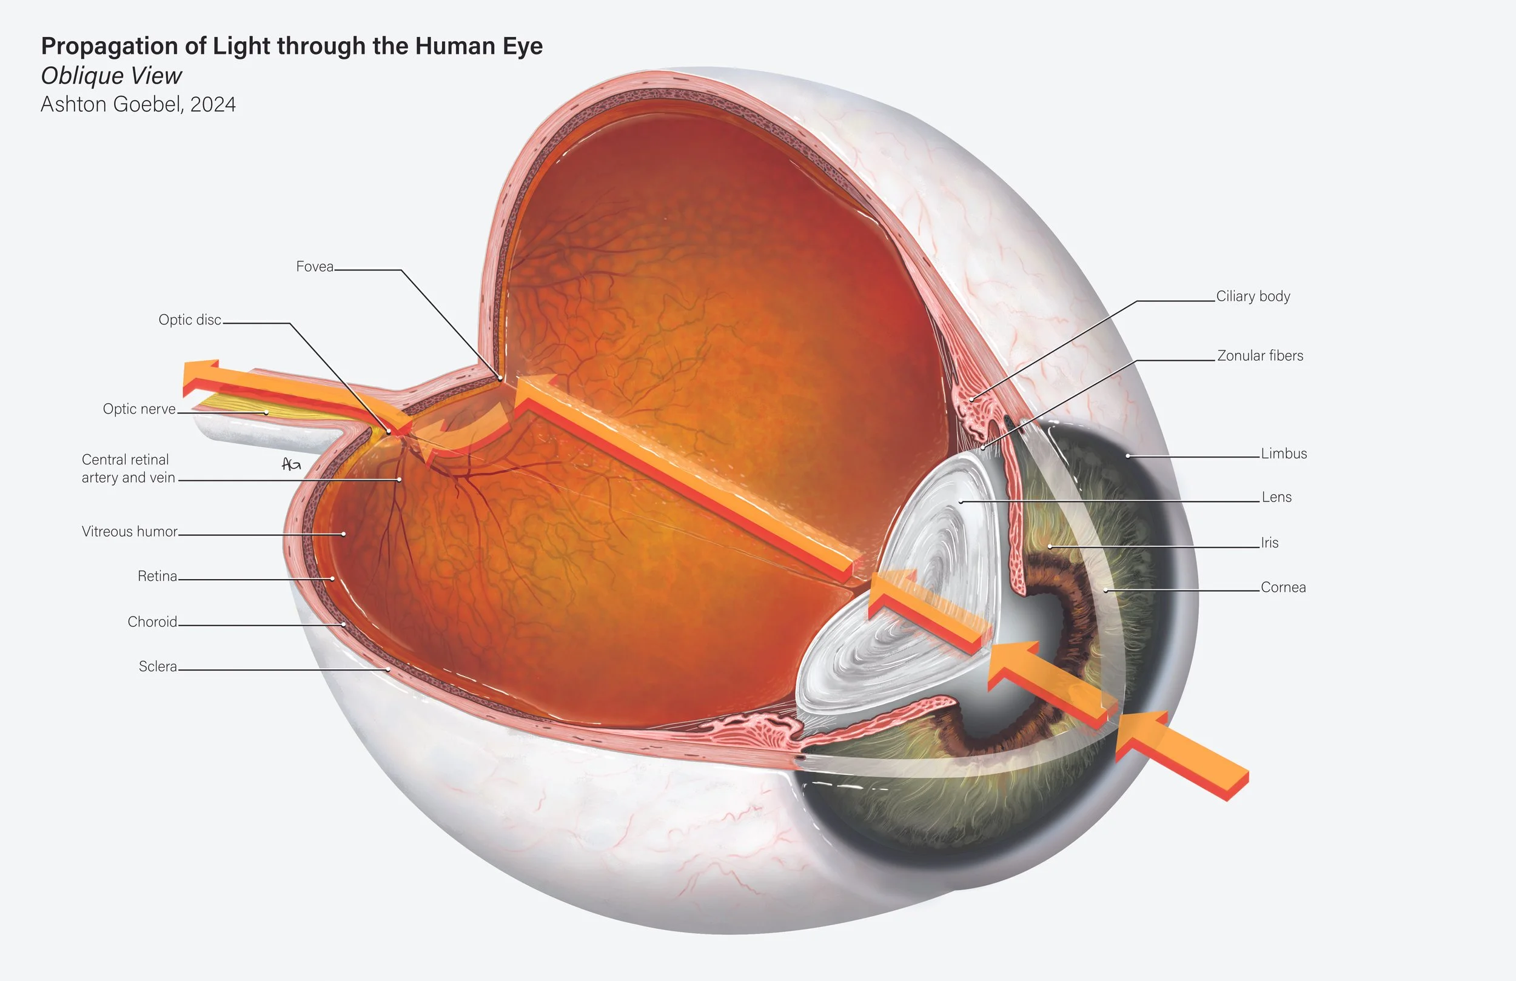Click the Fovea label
(x=315, y=266)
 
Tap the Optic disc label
(x=190, y=320)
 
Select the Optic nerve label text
(x=139, y=409)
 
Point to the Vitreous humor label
(x=129, y=531)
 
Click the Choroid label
(x=152, y=621)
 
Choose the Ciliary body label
(x=1253, y=296)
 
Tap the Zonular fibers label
(x=1260, y=355)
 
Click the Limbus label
(x=1284, y=454)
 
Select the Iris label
(x=1269, y=543)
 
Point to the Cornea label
(x=1283, y=588)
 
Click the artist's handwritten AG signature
(x=291, y=464)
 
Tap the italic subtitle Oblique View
(x=112, y=76)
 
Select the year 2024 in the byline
(x=213, y=104)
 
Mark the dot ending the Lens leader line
(x=961, y=502)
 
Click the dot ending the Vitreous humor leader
(x=344, y=534)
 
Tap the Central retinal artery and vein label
(x=127, y=468)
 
